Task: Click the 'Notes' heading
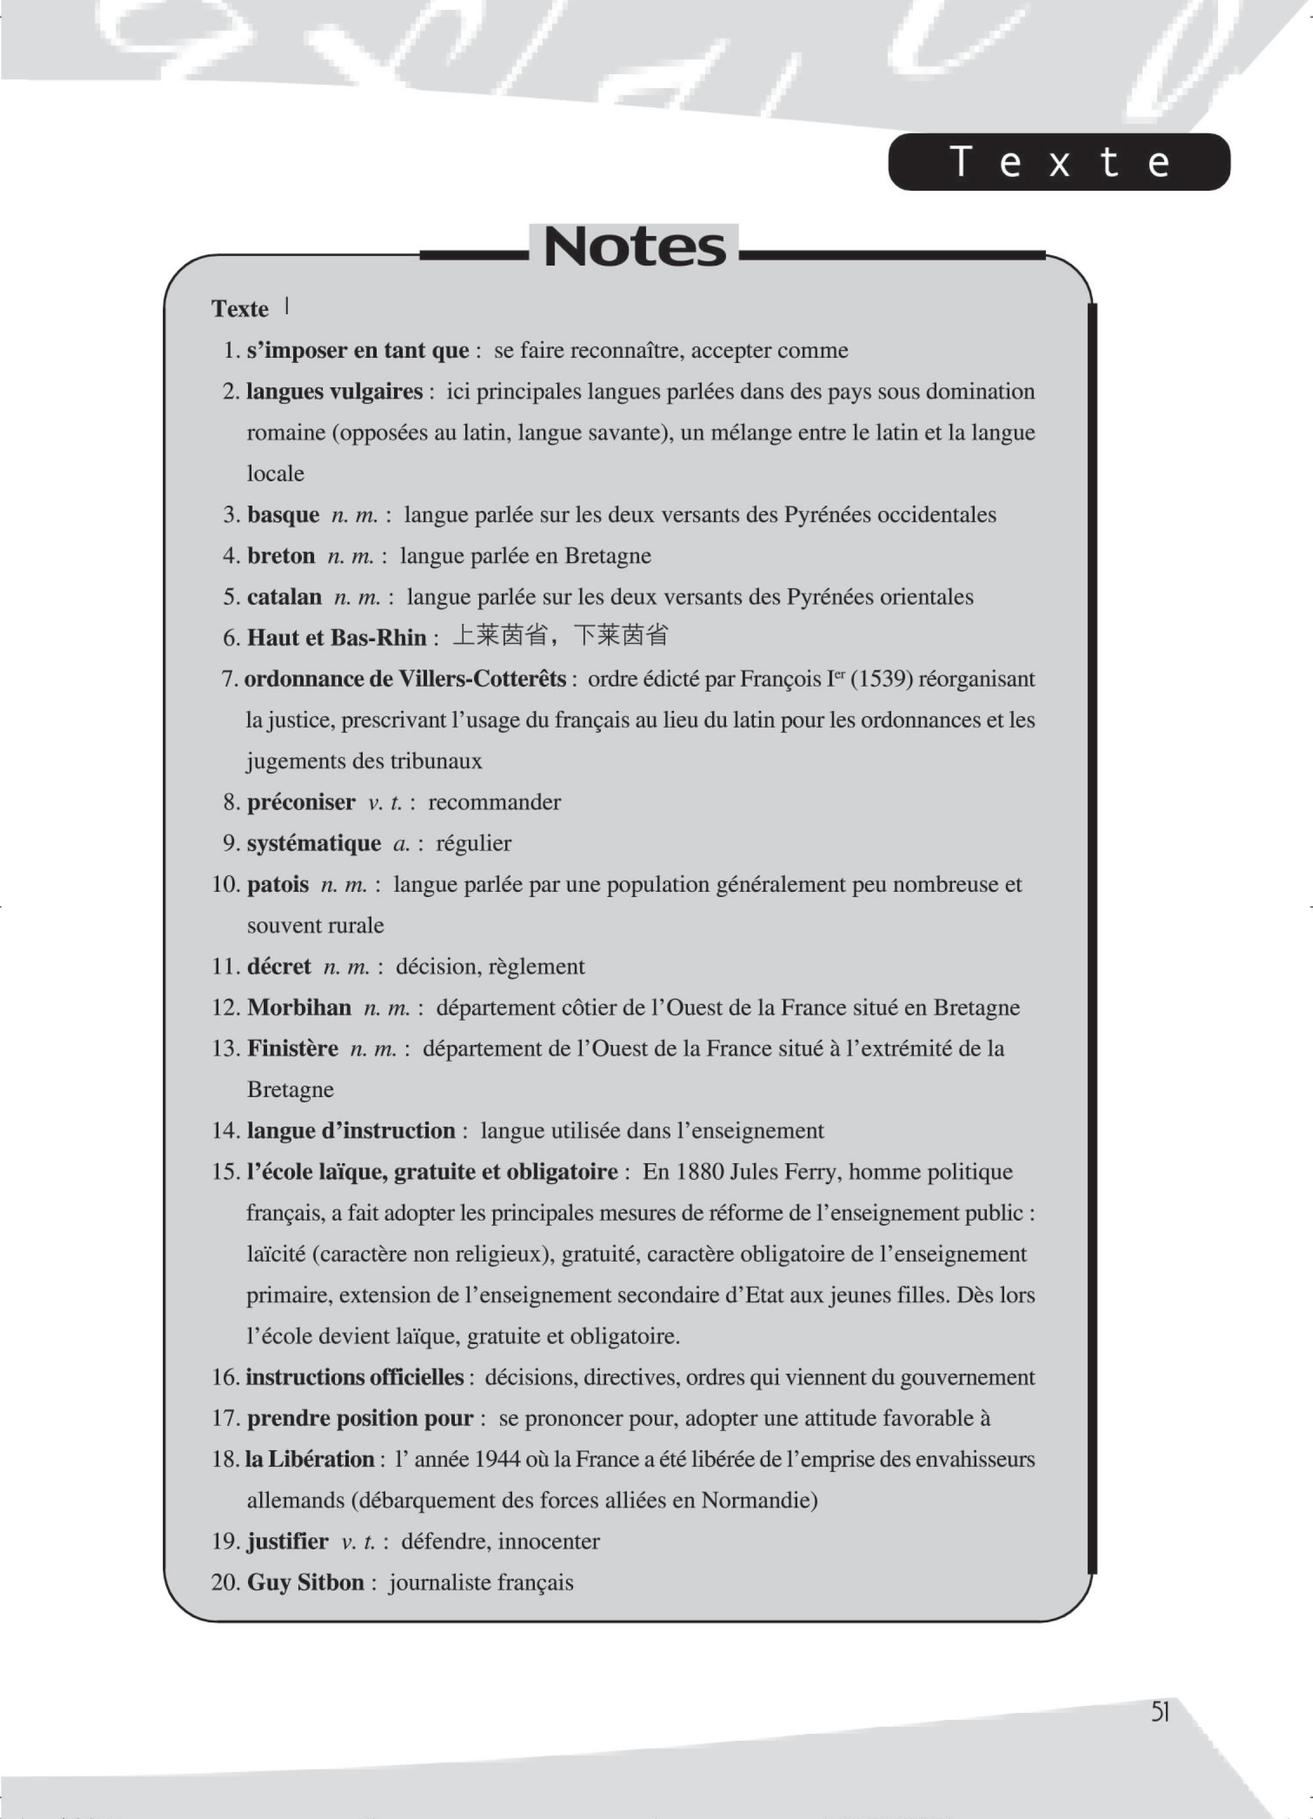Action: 634,247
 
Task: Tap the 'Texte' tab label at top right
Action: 1059,163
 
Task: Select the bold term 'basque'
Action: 283,515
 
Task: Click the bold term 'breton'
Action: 280,556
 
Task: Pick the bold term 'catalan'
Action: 284,597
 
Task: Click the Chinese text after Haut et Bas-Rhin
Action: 560,637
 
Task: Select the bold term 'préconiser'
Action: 301,802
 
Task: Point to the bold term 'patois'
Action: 278,885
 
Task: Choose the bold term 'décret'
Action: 279,967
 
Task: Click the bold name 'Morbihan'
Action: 299,1007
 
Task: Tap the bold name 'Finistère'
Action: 293,1048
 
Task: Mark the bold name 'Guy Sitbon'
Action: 305,1582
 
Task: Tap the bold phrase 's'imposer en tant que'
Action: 358,350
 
